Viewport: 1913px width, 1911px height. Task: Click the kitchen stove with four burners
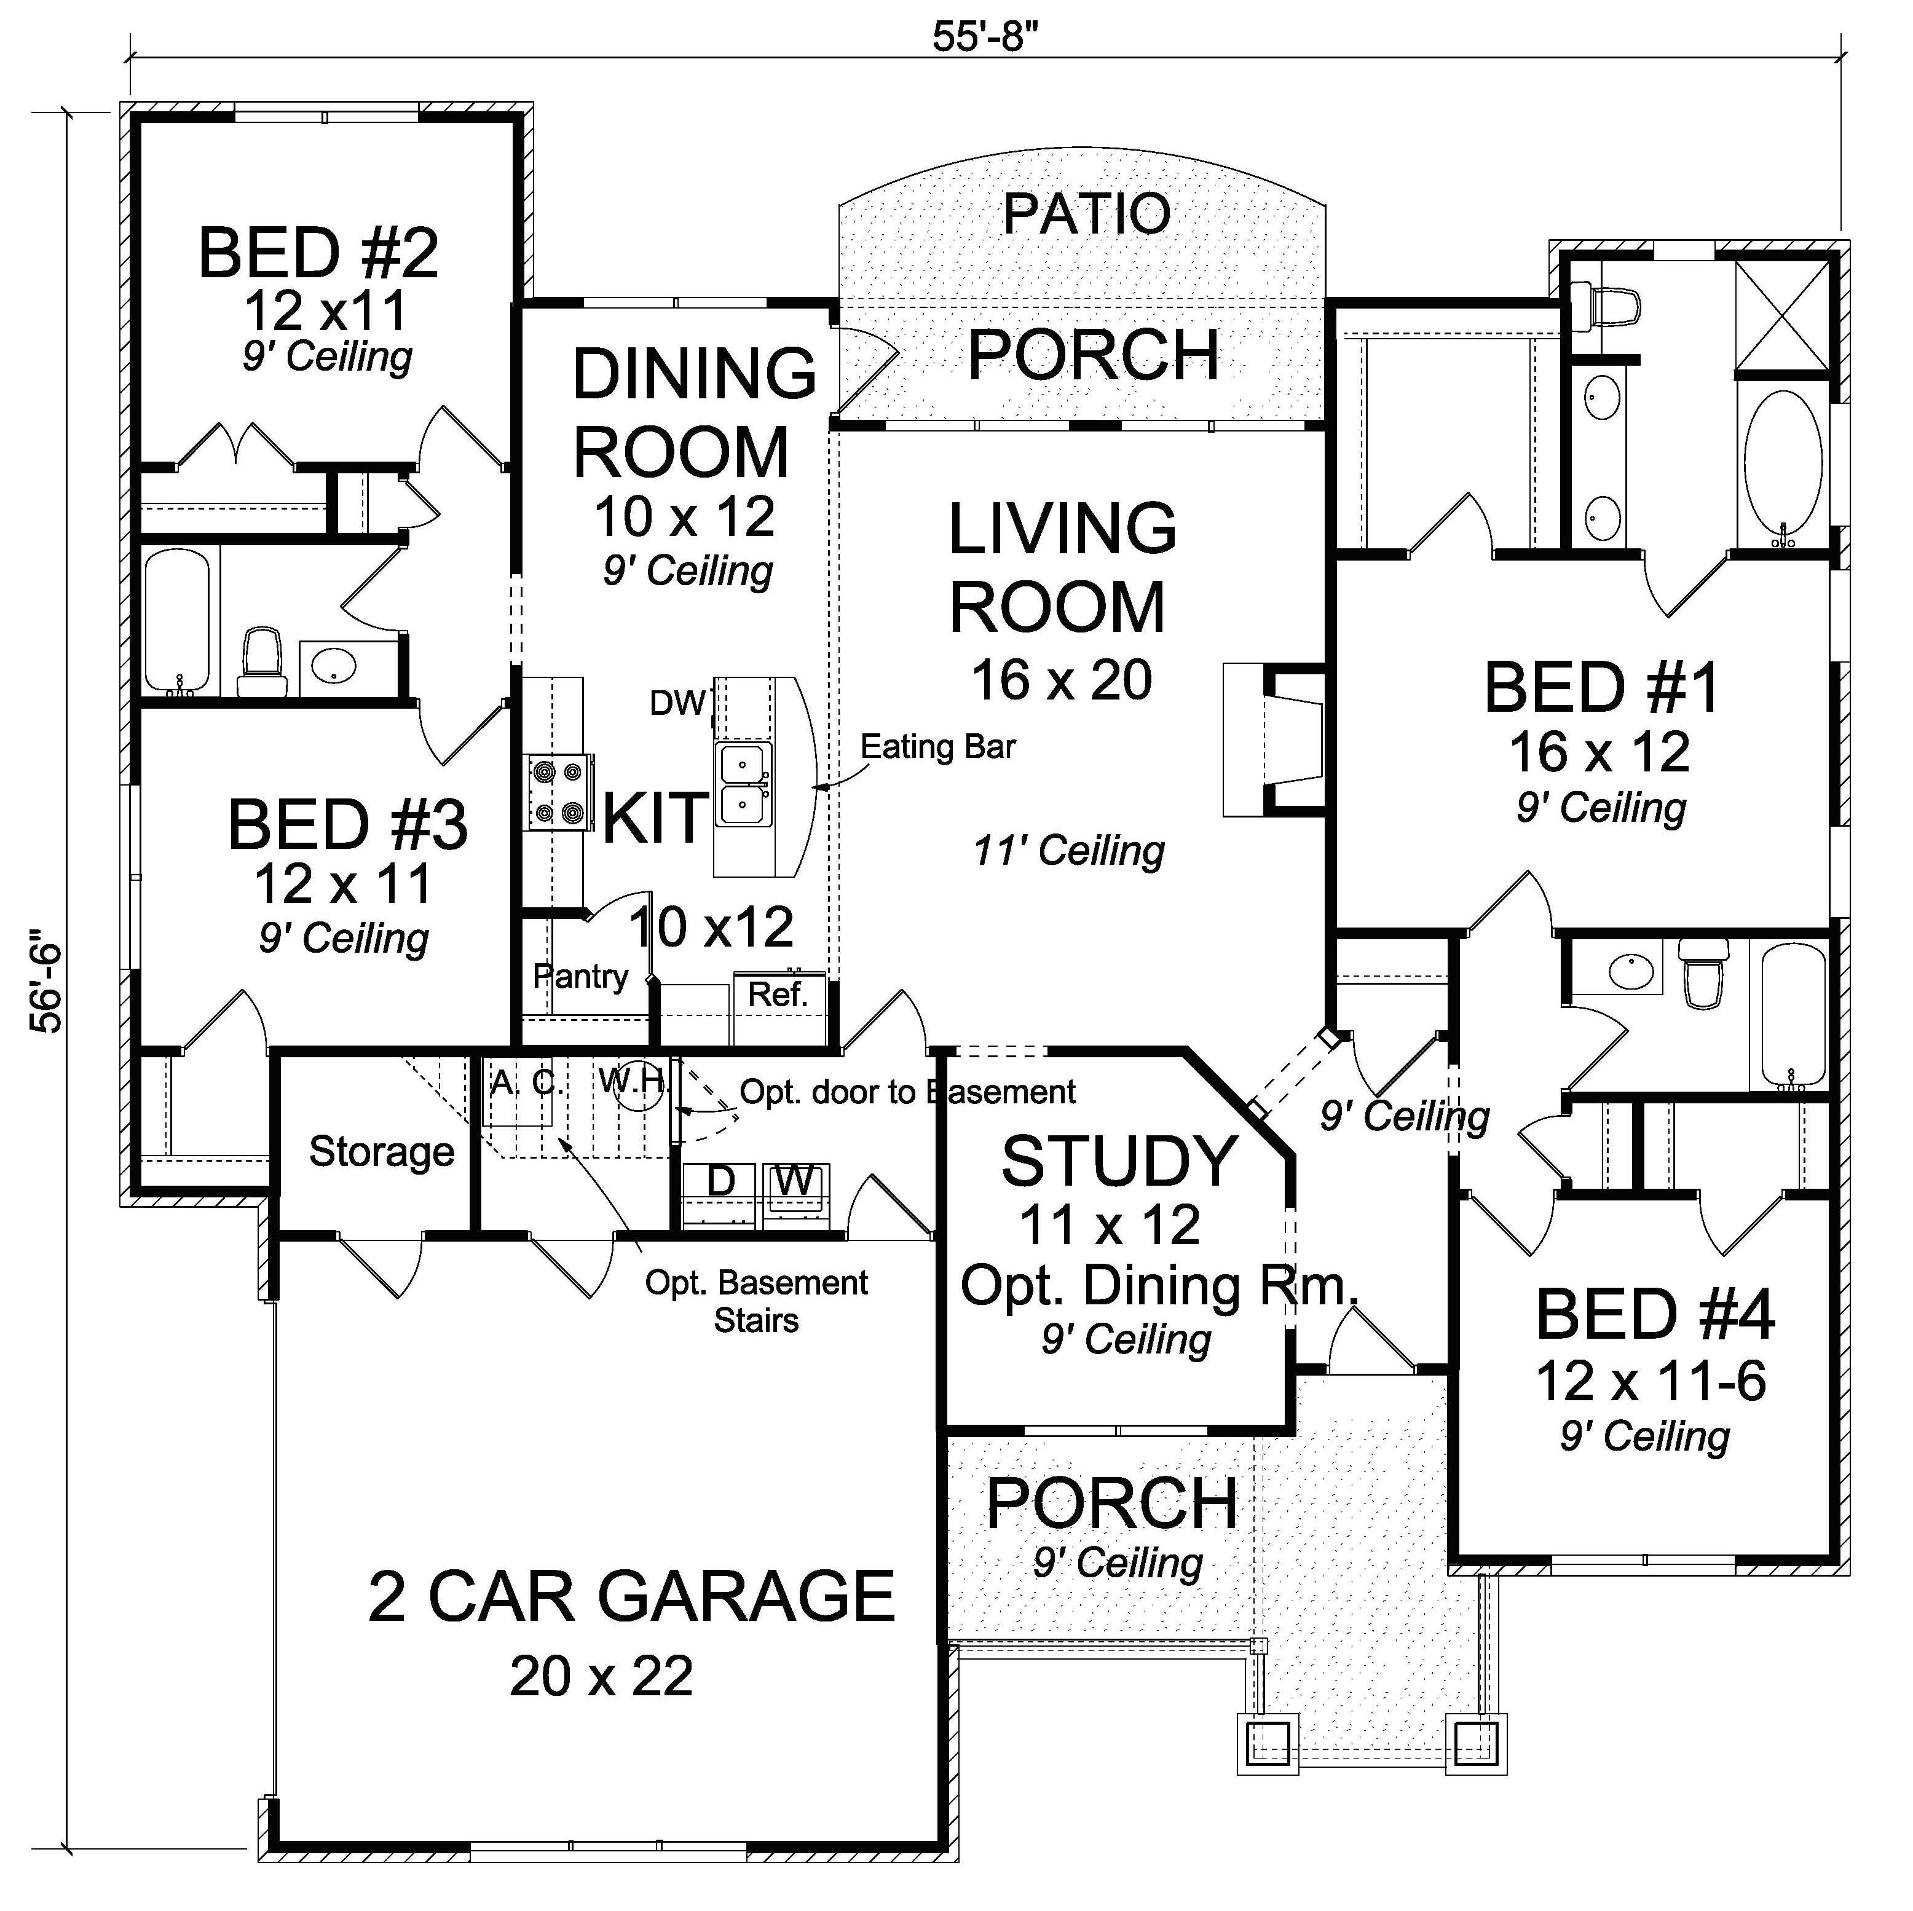pyautogui.click(x=558, y=792)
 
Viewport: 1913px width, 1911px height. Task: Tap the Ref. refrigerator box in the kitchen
pyautogui.click(x=778, y=994)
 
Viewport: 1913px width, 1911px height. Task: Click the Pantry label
pyautogui.click(x=580, y=976)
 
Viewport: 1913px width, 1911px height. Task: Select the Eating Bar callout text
pyautogui.click(x=937, y=747)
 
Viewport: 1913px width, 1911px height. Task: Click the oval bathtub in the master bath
pyautogui.click(x=1782, y=470)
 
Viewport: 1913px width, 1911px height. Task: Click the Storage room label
pyautogui.click(x=381, y=1151)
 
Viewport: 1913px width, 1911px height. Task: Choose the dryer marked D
pyautogui.click(x=721, y=1181)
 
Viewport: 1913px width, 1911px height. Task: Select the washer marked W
pyautogui.click(x=794, y=1181)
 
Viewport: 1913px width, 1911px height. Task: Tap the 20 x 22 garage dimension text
pyautogui.click(x=601, y=1676)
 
